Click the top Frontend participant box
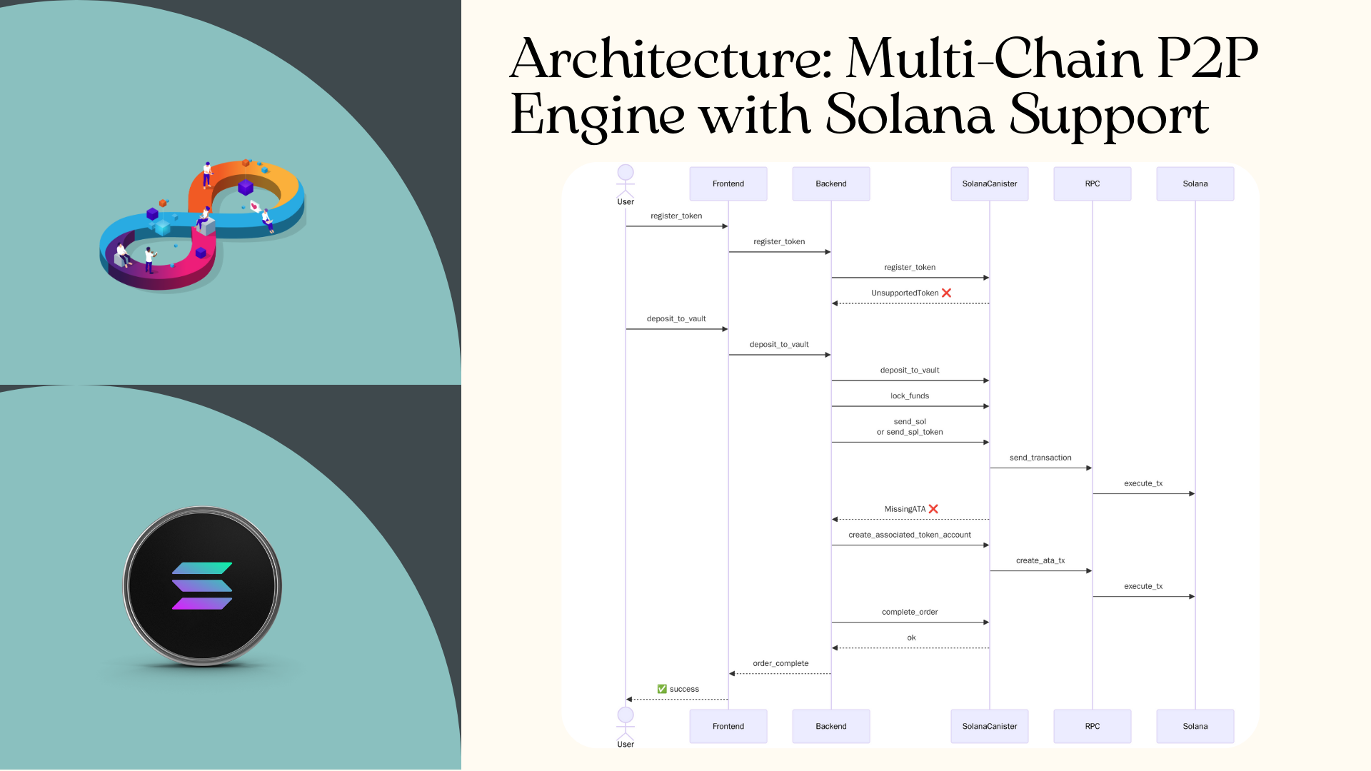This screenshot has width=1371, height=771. pos(728,183)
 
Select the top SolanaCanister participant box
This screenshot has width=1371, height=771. pos(989,183)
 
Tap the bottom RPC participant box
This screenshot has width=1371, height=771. pos(1092,726)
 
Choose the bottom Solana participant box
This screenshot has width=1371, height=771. pos(1195,726)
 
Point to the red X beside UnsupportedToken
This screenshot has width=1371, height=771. pos(946,293)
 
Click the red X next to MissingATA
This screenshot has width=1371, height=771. pos(933,509)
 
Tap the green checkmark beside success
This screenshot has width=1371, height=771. pos(662,689)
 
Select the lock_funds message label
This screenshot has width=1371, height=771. pos(909,395)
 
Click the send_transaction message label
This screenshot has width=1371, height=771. pos(1040,458)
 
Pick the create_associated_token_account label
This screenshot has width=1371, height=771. pos(909,535)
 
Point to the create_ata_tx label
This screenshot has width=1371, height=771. pos(1040,560)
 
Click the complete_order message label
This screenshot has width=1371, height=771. pos(909,612)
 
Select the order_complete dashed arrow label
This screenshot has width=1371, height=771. pos(780,663)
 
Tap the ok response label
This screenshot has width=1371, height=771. pos(911,638)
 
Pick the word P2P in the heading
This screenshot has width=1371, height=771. pos(1207,59)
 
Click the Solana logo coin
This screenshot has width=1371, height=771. pos(202,586)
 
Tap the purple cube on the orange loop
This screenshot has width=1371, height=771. pos(246,187)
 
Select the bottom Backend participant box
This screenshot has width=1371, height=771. pos(830,726)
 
